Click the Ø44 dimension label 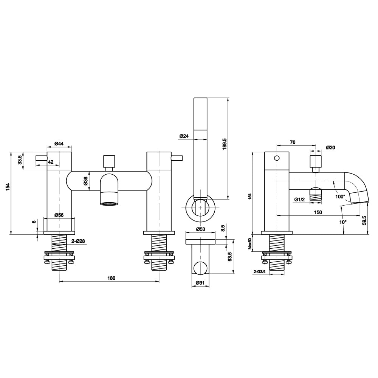pyautogui.click(x=59, y=144)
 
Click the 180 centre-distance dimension pyautogui.click(x=111, y=278)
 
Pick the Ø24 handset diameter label pyautogui.click(x=184, y=136)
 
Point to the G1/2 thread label pyautogui.click(x=299, y=199)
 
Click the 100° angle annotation pyautogui.click(x=340, y=197)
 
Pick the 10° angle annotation pyautogui.click(x=342, y=222)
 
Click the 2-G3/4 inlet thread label pyautogui.click(x=260, y=272)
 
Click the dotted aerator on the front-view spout pyautogui.click(x=108, y=204)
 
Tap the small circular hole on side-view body pyautogui.click(x=277, y=158)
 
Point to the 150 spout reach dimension pyautogui.click(x=318, y=212)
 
